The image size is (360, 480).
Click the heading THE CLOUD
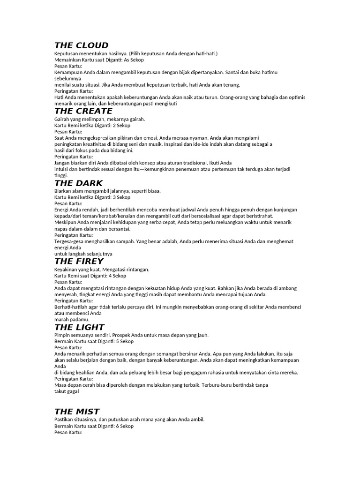[x=81, y=45]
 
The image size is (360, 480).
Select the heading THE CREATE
[x=83, y=111]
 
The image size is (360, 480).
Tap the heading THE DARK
[x=78, y=183]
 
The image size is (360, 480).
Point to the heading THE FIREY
[x=79, y=262]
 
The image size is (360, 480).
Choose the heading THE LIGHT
[x=79, y=327]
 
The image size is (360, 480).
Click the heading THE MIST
[x=77, y=412]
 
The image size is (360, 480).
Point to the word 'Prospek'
[x=133, y=335]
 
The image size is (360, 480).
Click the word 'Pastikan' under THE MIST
[x=65, y=420]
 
